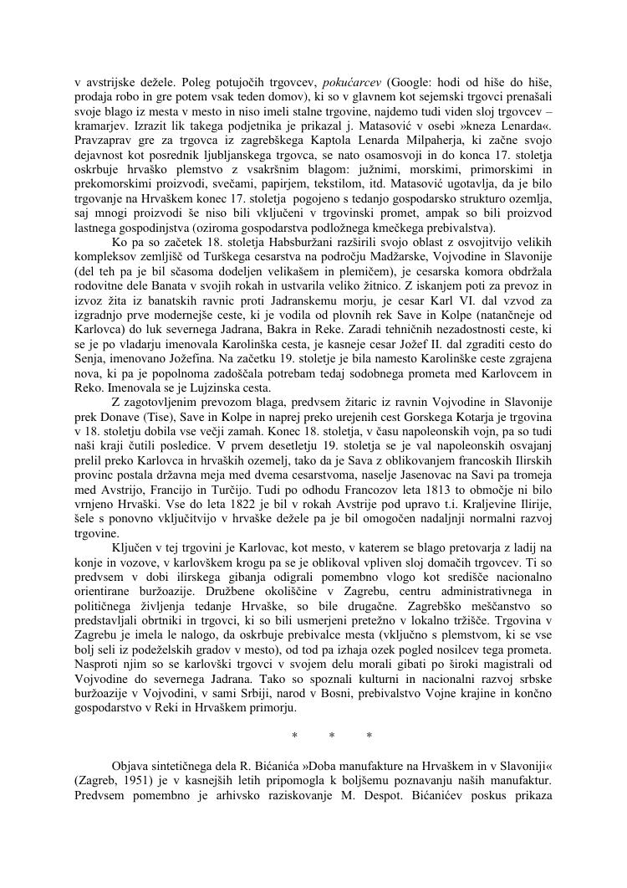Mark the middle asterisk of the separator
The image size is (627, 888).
tap(332, 737)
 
